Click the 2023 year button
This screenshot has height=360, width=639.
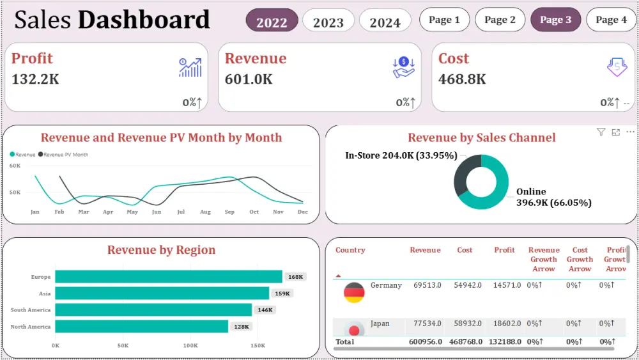[x=328, y=22]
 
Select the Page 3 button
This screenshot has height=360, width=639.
[x=555, y=20]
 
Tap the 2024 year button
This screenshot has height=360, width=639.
[x=385, y=22]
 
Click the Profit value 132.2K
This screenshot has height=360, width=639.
[x=36, y=79]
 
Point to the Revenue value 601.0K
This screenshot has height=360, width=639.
[x=249, y=79]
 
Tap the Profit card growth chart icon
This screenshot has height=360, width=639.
[x=190, y=67]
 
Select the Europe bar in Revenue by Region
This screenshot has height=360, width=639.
[x=168, y=276]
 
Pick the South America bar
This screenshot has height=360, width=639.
[x=153, y=309]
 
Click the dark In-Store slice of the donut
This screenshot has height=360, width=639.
[x=462, y=173]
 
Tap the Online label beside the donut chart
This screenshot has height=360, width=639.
[x=531, y=191]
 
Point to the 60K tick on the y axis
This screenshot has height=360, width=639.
[x=15, y=166]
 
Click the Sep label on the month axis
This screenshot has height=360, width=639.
[x=229, y=212]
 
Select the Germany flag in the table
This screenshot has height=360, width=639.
[x=354, y=293]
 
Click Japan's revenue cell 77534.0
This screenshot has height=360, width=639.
[x=427, y=324]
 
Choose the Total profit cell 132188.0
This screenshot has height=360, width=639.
[x=505, y=342]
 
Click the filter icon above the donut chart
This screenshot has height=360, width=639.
[x=601, y=132]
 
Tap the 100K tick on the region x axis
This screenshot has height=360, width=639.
[x=190, y=345]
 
